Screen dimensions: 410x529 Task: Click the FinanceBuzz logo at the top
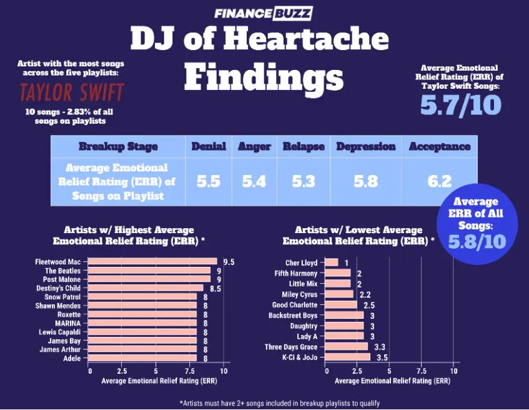(x=262, y=12)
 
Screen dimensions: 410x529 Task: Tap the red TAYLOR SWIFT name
(x=71, y=92)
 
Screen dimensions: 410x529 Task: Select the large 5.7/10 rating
(x=460, y=104)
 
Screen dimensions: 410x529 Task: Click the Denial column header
(x=208, y=146)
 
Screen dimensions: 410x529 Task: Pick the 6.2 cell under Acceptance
(x=439, y=181)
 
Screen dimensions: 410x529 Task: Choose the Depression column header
(x=366, y=146)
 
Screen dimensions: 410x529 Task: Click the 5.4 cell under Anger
(x=254, y=181)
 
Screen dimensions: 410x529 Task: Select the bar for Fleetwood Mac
(x=152, y=262)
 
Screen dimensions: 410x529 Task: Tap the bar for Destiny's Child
(x=146, y=288)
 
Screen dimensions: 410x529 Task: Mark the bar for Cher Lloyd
(x=332, y=262)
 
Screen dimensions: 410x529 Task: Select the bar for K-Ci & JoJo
(x=348, y=357)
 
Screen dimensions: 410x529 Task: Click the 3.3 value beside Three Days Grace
(x=379, y=347)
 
